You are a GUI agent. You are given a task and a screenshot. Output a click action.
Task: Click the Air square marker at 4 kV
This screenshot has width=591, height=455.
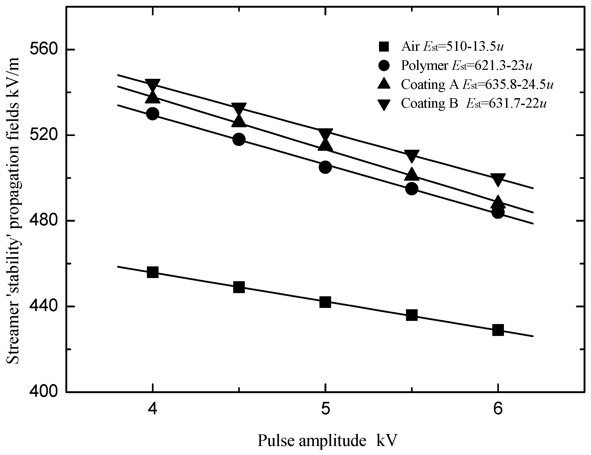point(153,272)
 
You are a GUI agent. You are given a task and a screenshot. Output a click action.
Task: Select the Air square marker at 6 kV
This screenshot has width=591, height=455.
point(498,330)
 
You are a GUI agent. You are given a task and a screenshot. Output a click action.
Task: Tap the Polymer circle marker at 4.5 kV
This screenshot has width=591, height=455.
point(239,139)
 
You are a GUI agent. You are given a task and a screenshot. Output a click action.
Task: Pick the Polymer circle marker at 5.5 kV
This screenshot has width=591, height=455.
point(412,189)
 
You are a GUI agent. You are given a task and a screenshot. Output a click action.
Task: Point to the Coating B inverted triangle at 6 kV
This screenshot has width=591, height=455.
point(498,180)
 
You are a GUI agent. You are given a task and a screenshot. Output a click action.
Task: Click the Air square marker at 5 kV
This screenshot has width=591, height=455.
point(325,302)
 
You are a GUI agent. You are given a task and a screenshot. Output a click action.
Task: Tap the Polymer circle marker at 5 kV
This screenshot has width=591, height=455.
point(325,167)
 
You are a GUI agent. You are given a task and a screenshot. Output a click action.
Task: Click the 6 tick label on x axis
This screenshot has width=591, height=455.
point(498,409)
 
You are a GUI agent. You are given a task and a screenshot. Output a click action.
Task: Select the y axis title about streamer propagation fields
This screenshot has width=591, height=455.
point(13,211)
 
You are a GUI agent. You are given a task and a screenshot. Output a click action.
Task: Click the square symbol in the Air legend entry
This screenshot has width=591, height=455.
point(384,47)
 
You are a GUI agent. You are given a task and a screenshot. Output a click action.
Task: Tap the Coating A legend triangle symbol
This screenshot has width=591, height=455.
point(384,84)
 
